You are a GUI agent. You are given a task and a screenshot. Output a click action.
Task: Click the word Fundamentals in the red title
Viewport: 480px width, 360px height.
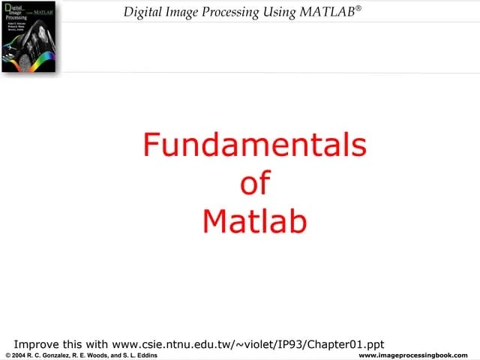point(254,145)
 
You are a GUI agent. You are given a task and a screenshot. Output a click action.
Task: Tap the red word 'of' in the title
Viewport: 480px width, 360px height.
point(254,183)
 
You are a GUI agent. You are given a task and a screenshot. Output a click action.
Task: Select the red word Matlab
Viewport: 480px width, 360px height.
point(255,220)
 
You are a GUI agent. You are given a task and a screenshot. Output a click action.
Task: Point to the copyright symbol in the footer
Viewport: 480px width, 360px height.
point(7,355)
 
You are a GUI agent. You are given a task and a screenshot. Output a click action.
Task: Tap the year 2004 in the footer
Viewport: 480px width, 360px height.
point(20,355)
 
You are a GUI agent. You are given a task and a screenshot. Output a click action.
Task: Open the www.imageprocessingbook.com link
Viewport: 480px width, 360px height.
point(414,355)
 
